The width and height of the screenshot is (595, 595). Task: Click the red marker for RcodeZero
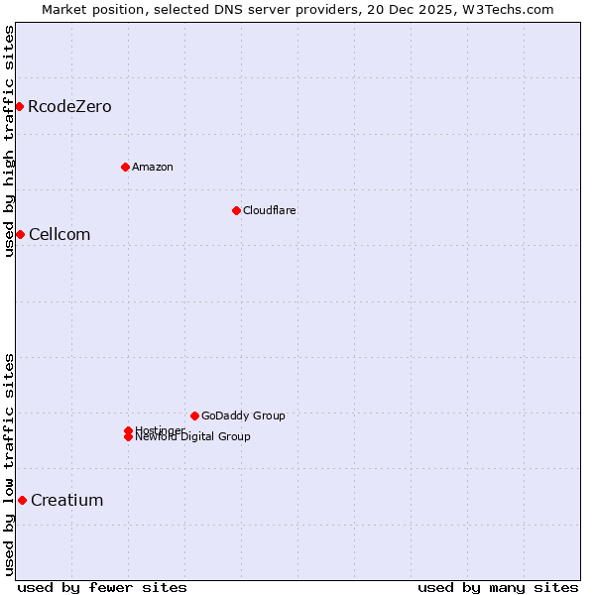pyautogui.click(x=19, y=106)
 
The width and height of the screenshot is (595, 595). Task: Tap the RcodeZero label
pyautogui.click(x=69, y=107)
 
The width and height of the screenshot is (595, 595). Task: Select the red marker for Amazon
pyautogui.click(x=125, y=167)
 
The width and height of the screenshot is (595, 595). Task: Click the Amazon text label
pyautogui.click(x=153, y=167)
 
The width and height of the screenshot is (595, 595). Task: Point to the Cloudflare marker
pyautogui.click(x=236, y=210)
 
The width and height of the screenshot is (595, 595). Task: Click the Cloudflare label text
pyautogui.click(x=270, y=210)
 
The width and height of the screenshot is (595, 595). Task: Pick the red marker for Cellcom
pyautogui.click(x=19, y=234)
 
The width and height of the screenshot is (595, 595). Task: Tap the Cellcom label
pyautogui.click(x=59, y=235)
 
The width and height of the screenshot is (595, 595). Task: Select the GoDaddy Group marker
pyautogui.click(x=194, y=416)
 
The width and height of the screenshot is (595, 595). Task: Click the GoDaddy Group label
pyautogui.click(x=243, y=416)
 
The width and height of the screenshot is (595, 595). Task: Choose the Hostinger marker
pyautogui.click(x=128, y=430)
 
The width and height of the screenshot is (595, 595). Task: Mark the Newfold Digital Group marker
pyautogui.click(x=128, y=437)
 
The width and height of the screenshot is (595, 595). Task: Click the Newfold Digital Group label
pyautogui.click(x=193, y=437)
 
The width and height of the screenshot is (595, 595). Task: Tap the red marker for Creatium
pyautogui.click(x=22, y=500)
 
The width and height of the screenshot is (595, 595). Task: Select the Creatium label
pyautogui.click(x=67, y=501)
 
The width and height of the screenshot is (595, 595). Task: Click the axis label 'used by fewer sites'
pyautogui.click(x=102, y=587)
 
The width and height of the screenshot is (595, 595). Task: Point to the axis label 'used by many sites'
pyautogui.click(x=498, y=587)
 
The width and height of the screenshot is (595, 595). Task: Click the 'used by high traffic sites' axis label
pyautogui.click(x=10, y=141)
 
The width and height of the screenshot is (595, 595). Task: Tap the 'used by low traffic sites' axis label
pyautogui.click(x=10, y=464)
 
